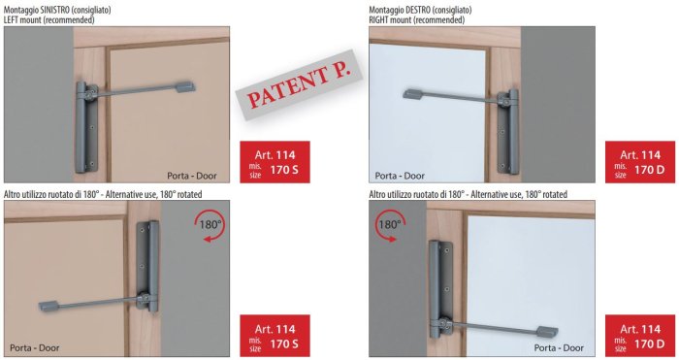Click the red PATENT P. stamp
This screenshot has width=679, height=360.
(299, 85)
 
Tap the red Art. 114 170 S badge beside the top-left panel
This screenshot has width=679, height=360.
(275, 162)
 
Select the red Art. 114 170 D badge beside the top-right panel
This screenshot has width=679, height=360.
(640, 162)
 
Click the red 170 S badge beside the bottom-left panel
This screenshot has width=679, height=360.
(275, 336)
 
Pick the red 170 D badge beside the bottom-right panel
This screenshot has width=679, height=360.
(640, 336)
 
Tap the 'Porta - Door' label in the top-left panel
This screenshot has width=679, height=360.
(192, 176)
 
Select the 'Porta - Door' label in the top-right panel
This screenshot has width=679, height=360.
(400, 176)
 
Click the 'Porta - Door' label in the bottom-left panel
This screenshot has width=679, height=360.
(35, 347)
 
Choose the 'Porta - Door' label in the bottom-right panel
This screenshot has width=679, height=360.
(559, 347)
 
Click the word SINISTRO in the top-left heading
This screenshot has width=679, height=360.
(52, 10)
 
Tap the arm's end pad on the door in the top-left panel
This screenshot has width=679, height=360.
(185, 85)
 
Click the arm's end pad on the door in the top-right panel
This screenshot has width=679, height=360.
(414, 93)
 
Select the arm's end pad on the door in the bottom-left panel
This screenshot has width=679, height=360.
(48, 306)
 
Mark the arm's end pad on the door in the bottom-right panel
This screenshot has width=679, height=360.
(547, 332)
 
